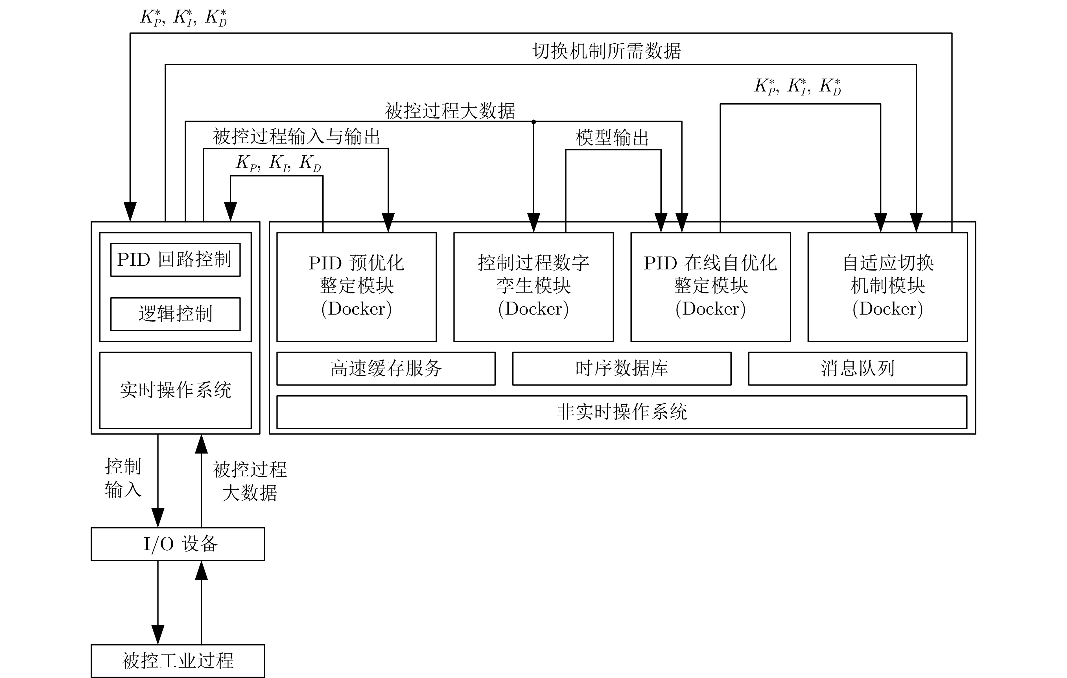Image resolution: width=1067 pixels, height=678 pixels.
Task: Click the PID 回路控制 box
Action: [175, 260]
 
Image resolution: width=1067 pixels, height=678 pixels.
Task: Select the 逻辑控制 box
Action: [175, 314]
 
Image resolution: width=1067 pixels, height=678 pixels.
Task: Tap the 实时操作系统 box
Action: [175, 390]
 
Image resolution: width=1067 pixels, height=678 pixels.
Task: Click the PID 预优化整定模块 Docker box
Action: [356, 286]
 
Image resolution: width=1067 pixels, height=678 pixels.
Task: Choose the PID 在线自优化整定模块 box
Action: [710, 286]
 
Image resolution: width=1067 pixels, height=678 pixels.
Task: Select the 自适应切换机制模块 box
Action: [887, 286]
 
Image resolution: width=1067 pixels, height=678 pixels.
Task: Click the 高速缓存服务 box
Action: [386, 368]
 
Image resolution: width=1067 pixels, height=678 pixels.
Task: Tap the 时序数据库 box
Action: [621, 368]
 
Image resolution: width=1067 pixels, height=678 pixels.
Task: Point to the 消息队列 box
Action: [858, 368]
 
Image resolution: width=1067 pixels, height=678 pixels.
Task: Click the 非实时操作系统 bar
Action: [621, 412]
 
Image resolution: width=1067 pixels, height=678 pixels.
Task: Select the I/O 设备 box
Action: [178, 544]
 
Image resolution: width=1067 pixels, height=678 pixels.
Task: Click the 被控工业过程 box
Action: [178, 661]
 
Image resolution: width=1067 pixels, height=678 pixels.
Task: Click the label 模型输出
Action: [612, 138]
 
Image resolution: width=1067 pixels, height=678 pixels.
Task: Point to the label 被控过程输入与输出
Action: [296, 136]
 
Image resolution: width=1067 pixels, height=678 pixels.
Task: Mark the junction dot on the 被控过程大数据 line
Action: [533, 121]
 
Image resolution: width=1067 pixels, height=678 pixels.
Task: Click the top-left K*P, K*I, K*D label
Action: [183, 18]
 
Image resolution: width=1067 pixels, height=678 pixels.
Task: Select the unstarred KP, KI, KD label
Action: [278, 163]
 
